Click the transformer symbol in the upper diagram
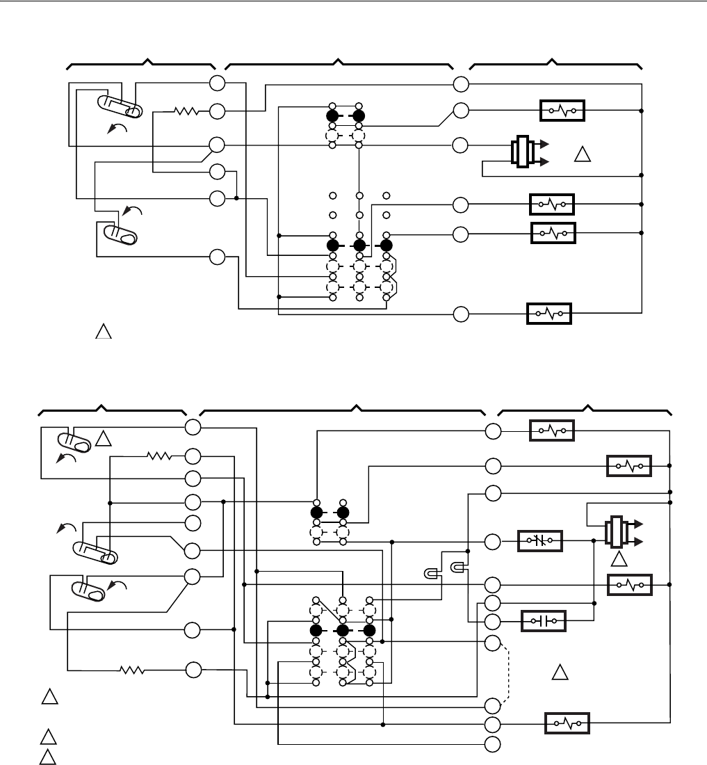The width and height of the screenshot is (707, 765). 523,153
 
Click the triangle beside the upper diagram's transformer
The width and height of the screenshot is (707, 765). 583,154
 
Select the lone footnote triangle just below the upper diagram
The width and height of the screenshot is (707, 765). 103,332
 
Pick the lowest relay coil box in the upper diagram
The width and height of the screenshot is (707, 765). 549,314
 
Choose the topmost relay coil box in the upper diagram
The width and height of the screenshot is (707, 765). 562,111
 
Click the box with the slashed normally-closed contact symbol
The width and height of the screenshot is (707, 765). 540,540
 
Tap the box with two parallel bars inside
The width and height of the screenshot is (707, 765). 544,619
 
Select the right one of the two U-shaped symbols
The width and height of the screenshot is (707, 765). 458,567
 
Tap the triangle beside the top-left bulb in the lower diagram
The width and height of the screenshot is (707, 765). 103,438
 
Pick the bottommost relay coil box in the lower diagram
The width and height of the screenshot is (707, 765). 567,723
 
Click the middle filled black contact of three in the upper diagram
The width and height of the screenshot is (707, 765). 359,245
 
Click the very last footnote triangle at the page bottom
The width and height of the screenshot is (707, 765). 47,757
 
